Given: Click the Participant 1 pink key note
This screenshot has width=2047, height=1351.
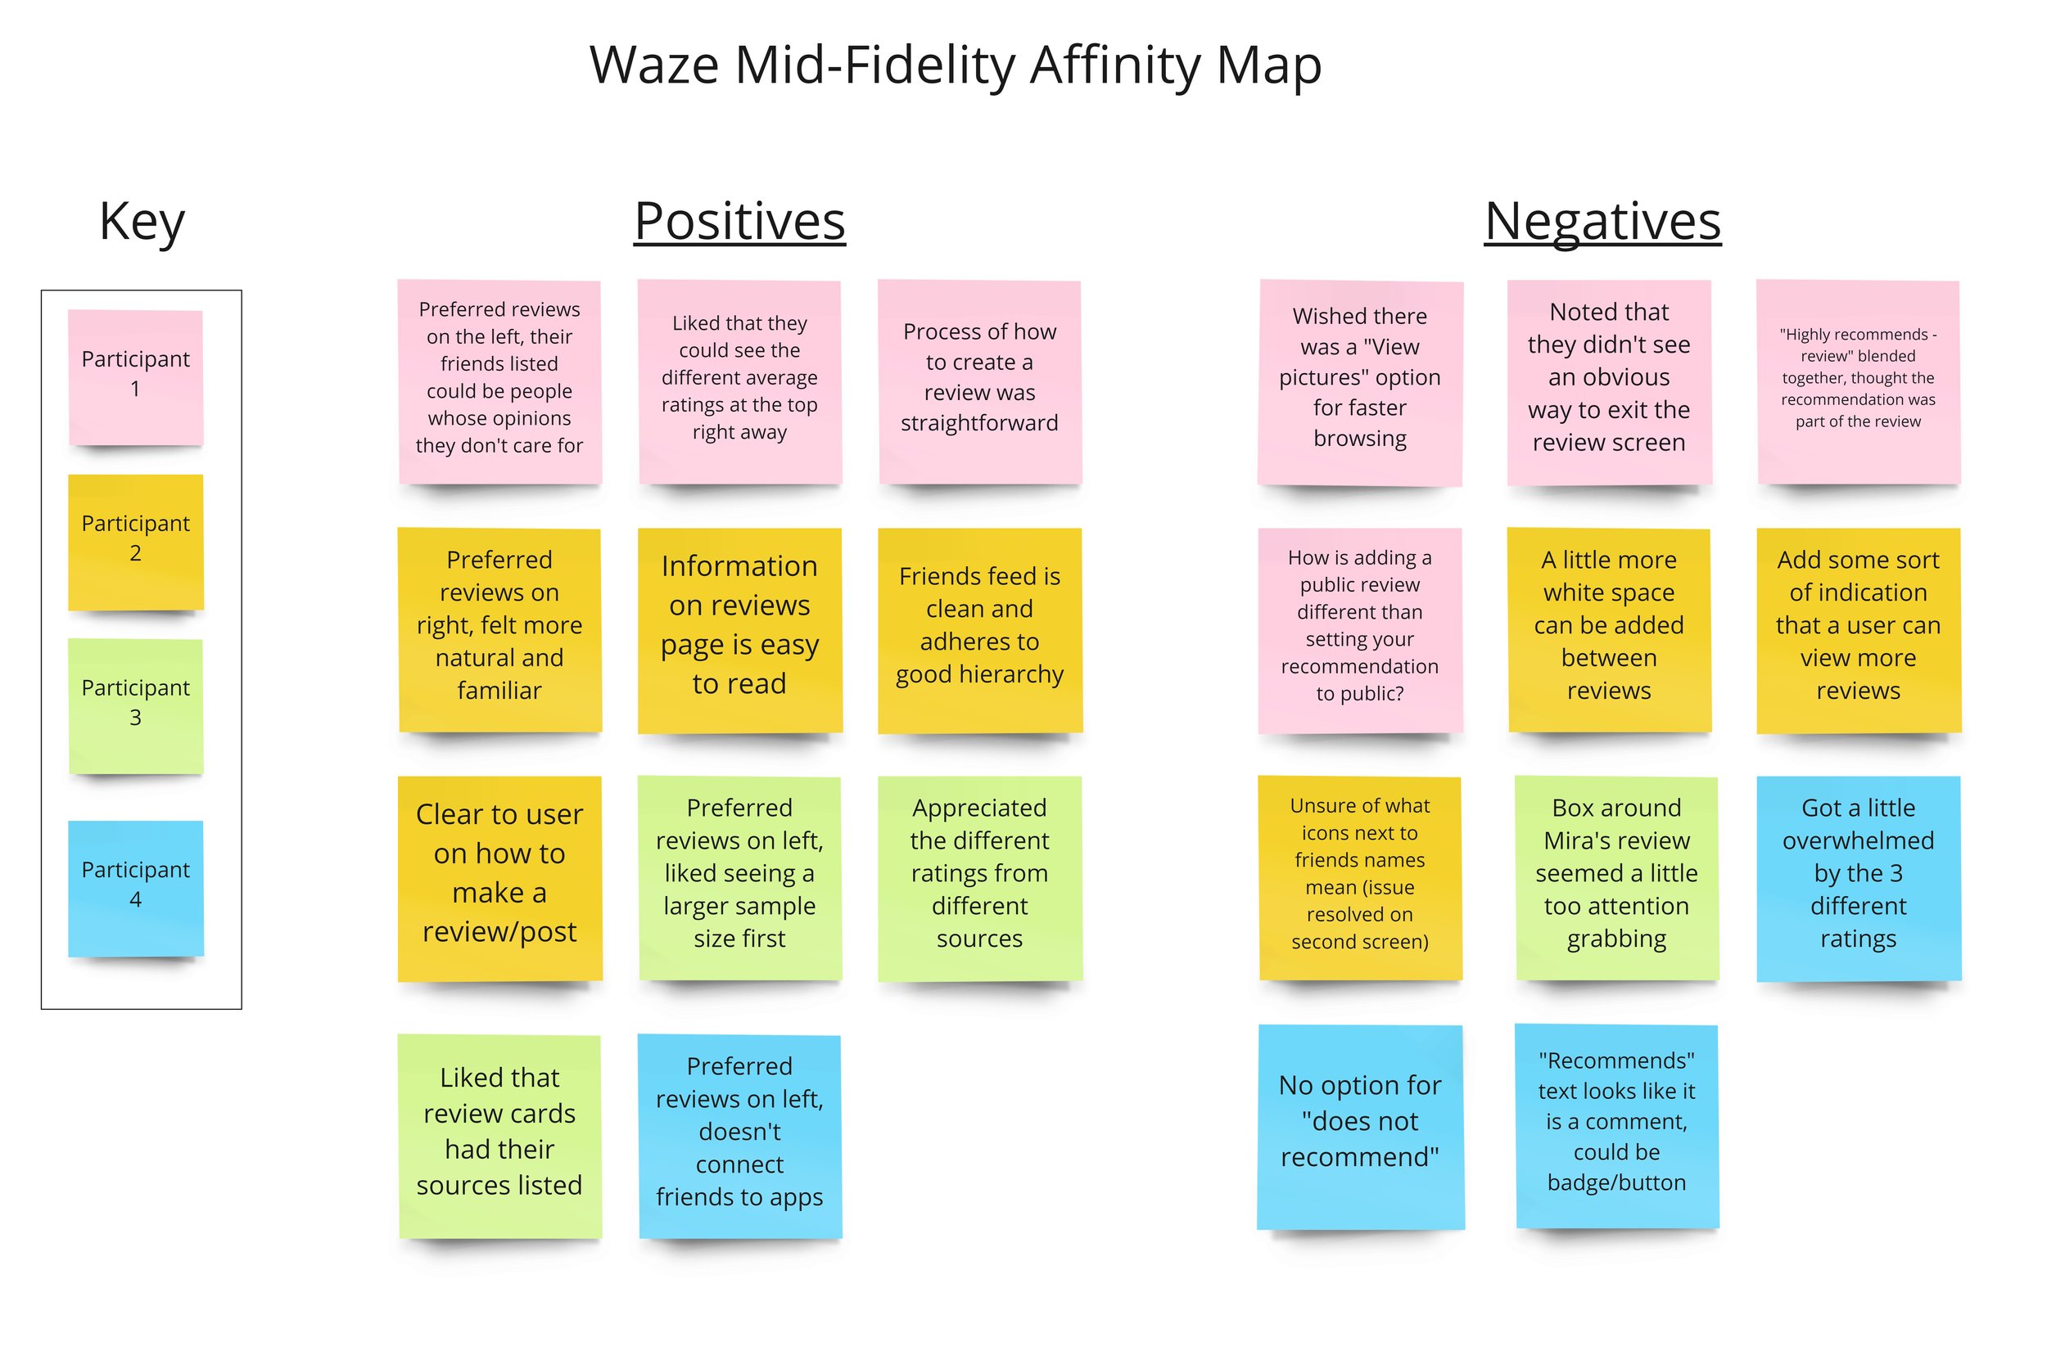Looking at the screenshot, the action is click(x=135, y=376).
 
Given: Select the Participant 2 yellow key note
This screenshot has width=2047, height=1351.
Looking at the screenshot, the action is click(x=135, y=541).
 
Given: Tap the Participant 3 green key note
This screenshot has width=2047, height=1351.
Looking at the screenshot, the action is click(x=135, y=705).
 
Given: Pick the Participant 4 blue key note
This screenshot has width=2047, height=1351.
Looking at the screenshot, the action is click(x=135, y=888).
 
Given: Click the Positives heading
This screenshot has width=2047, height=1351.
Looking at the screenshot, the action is click(x=739, y=222).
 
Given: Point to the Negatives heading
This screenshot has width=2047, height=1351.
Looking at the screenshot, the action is click(x=1602, y=222).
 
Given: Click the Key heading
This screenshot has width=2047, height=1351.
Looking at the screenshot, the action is click(x=142, y=222).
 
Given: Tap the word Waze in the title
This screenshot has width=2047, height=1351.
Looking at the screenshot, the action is click(x=654, y=65).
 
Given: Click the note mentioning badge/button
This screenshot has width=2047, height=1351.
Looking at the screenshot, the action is click(x=1616, y=1125).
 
